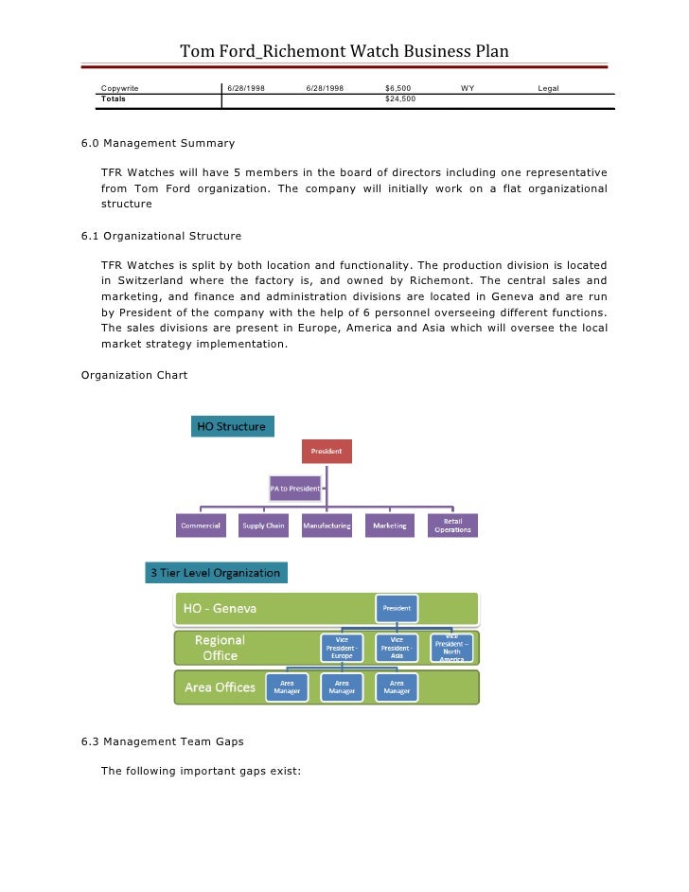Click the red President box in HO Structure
coord(327,451)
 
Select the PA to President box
coord(295,488)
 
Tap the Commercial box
coord(202,526)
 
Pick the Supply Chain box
coord(263,526)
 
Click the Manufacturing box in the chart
coord(327,526)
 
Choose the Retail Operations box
coord(452,526)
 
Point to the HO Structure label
coord(232,426)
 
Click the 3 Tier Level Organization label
coord(216,573)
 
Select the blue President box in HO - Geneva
coord(397,608)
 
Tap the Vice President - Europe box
coord(342,648)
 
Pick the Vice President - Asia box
coord(397,648)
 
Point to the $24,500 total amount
coord(400,98)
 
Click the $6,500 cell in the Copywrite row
coord(397,88)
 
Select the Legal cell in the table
coord(548,88)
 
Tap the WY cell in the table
coord(468,88)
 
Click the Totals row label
coord(114,98)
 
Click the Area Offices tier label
coord(220,687)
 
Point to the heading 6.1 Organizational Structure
coord(161,236)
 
